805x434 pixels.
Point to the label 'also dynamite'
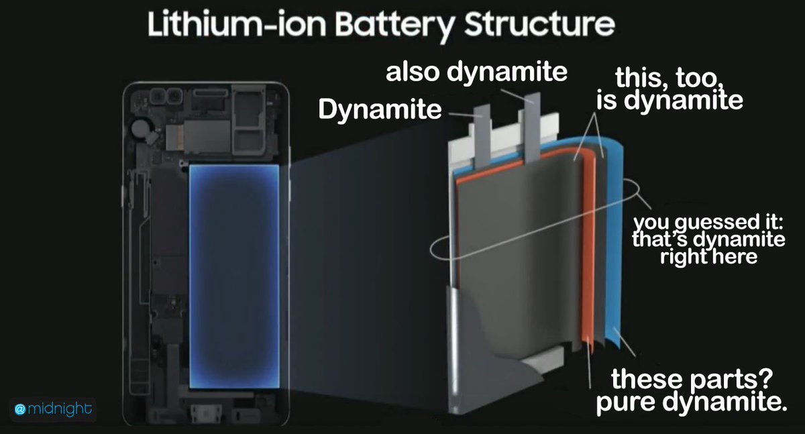[x=476, y=72]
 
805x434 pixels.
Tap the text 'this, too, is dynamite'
[x=669, y=91]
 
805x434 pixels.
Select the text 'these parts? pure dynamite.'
[x=698, y=392]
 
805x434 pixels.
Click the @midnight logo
[x=53, y=409]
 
